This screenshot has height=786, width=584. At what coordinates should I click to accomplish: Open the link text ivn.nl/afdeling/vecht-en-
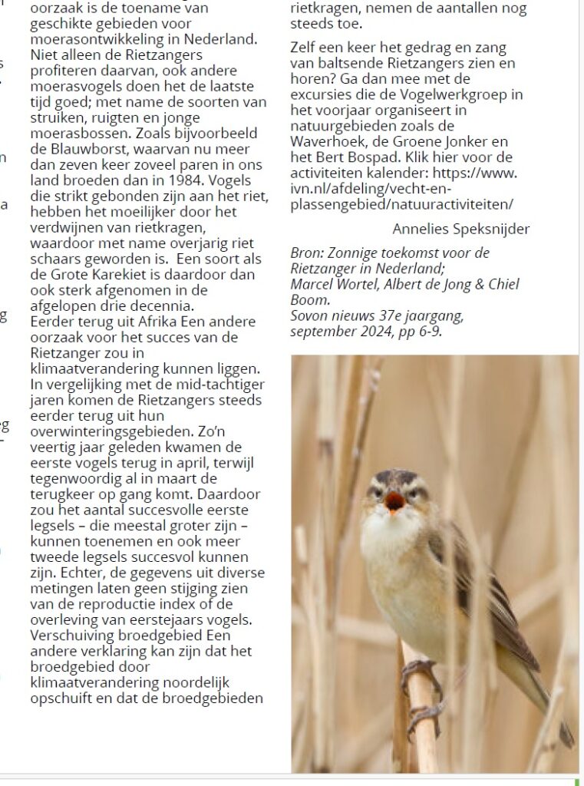click(x=371, y=188)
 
